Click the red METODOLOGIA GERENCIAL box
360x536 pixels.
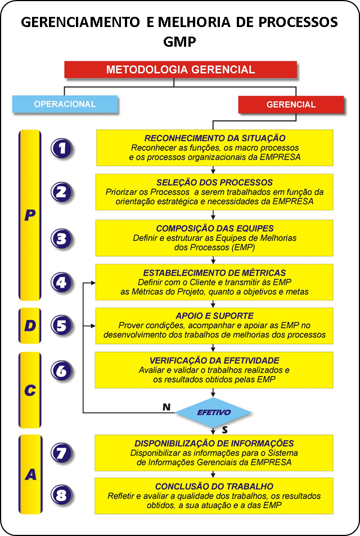(181, 69)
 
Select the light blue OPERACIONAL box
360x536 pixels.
(65, 104)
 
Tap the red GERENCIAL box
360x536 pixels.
(291, 105)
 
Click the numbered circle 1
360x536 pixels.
(61, 149)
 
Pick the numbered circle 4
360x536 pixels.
(61, 283)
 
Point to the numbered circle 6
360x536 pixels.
(61, 370)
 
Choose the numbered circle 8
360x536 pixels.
(61, 495)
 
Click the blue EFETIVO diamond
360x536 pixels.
(214, 413)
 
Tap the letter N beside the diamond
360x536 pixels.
(166, 407)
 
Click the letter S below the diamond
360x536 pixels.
(225, 430)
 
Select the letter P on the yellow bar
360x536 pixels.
(30, 215)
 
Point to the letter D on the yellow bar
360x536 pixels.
(30, 325)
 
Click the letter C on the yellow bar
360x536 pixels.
(30, 390)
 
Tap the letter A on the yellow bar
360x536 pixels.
(30, 475)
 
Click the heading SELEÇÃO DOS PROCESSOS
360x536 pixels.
(214, 182)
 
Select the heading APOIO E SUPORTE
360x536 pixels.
(214, 316)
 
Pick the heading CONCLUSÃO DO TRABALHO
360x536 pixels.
(214, 486)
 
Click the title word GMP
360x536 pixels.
(179, 42)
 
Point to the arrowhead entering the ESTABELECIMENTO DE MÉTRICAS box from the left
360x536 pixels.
(93, 283)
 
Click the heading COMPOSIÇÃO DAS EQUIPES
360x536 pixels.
(215, 229)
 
